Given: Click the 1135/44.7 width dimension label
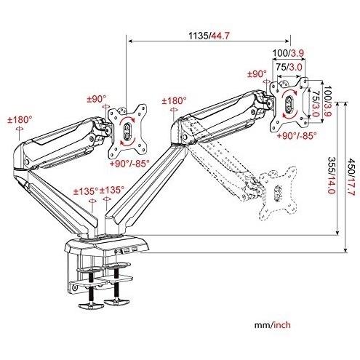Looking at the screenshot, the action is [x=209, y=36].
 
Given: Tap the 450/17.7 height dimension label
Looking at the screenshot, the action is [x=351, y=177].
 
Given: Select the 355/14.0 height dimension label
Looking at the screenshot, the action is [x=332, y=175].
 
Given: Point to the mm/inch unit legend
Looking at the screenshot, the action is [x=272, y=324].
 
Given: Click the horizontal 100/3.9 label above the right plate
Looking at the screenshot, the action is [x=288, y=53].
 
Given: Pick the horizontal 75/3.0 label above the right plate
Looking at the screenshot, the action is [x=289, y=67].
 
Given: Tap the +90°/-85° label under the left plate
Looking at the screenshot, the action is [x=129, y=163].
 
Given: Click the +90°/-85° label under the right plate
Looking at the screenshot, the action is [x=297, y=135].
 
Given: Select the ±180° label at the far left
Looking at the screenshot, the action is [x=20, y=119].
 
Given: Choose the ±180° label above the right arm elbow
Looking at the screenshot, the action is [x=175, y=100].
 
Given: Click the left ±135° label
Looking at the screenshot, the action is [x=86, y=191].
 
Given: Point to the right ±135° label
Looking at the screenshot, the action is [x=112, y=190].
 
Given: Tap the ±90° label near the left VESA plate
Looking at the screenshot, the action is [x=97, y=99].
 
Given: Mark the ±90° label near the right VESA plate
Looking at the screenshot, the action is [x=257, y=73].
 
